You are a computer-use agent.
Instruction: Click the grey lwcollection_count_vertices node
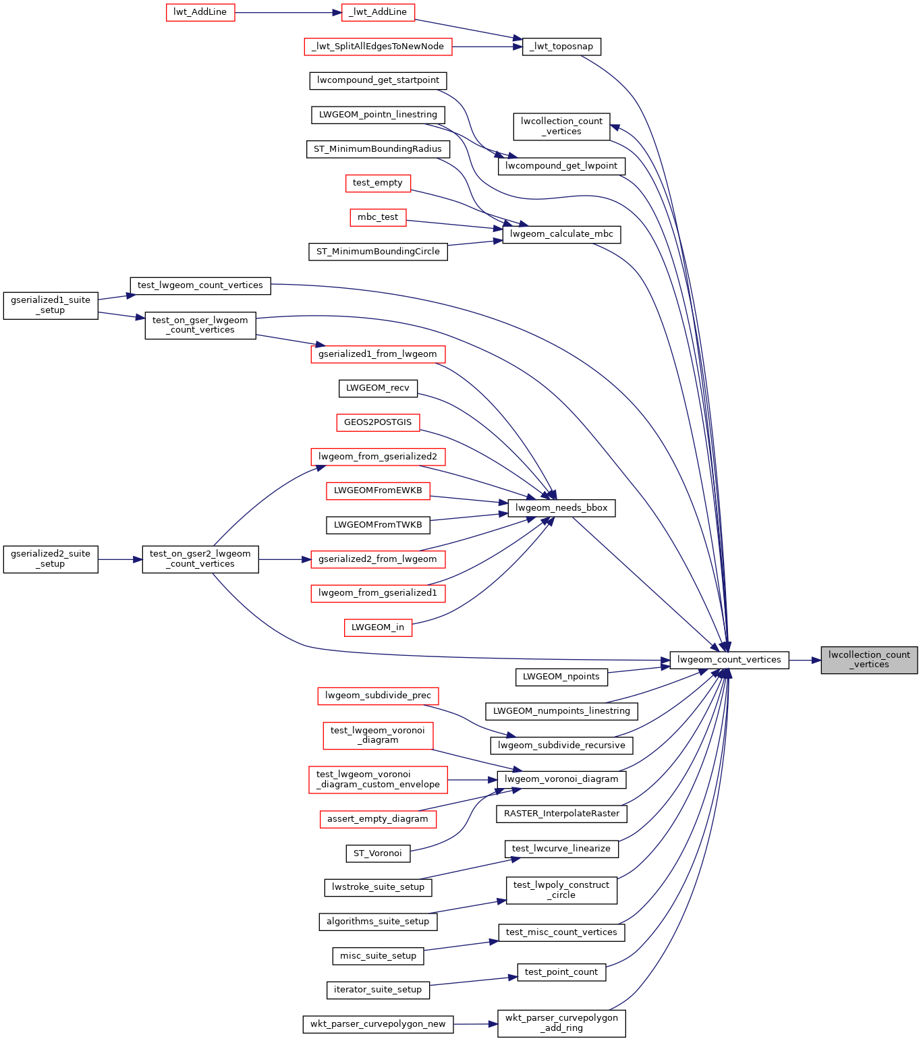pos(869,660)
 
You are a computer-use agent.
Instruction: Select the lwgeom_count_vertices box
pos(729,660)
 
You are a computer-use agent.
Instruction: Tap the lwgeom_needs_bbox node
pos(561,508)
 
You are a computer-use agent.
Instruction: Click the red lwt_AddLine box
pos(200,12)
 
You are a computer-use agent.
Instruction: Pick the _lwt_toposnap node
pos(561,47)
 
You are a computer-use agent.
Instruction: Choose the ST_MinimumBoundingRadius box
pos(377,149)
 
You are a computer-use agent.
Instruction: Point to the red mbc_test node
pos(378,217)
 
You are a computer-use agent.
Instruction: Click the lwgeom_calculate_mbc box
pos(561,234)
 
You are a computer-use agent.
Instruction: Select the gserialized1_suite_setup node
pos(51,306)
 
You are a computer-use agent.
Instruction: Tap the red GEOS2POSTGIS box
pos(378,422)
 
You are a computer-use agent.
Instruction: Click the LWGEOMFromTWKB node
pos(378,525)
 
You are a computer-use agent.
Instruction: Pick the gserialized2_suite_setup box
pos(51,559)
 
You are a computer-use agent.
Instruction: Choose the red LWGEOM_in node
pos(378,627)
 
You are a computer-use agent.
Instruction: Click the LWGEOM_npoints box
pos(561,677)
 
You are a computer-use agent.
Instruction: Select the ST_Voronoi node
pos(378,853)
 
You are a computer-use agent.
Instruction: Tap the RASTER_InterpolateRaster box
pos(561,814)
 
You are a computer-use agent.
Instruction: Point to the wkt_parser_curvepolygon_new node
pos(378,1024)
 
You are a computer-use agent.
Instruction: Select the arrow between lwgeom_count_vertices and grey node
pos(804,660)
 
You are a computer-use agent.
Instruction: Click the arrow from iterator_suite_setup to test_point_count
pos(473,981)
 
